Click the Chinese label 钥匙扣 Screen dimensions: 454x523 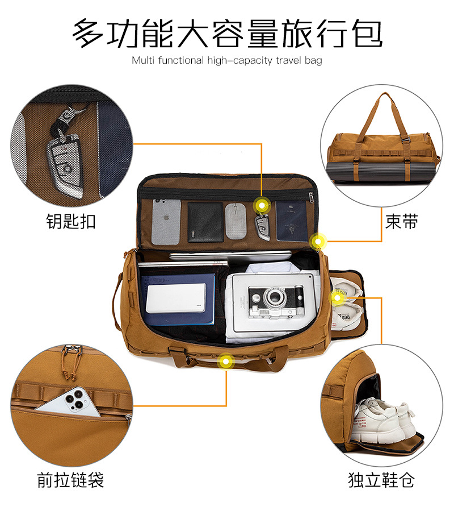[70, 221]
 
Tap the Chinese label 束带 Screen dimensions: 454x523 [401, 221]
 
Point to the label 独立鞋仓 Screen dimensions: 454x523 [381, 480]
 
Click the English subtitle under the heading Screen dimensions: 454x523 [227, 60]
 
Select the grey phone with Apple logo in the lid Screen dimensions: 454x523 [166, 220]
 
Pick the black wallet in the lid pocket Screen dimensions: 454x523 [205, 222]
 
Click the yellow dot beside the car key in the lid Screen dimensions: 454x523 [262, 205]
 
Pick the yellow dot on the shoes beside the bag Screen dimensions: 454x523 [337, 297]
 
